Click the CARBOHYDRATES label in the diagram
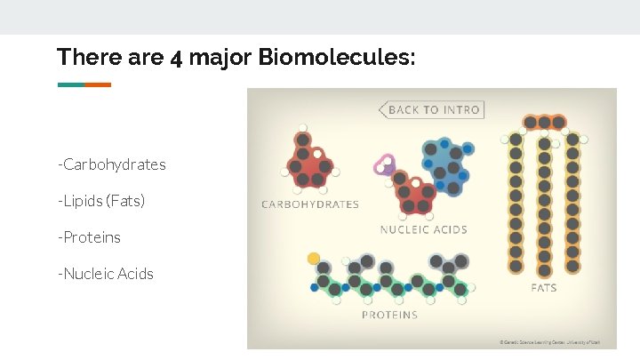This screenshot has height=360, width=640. (x=310, y=204)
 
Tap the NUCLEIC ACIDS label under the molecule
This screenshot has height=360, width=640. (x=424, y=229)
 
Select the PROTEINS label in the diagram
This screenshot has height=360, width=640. (x=389, y=315)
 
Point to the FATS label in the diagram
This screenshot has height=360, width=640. (x=544, y=288)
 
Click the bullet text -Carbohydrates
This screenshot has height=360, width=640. (x=112, y=165)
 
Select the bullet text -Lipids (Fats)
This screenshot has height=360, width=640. (x=101, y=202)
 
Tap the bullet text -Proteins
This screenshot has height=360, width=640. (x=90, y=237)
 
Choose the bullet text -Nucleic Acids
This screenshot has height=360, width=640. (x=106, y=274)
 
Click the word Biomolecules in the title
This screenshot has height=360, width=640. (x=337, y=58)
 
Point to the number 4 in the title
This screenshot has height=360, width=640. (x=176, y=59)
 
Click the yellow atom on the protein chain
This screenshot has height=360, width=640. (x=314, y=259)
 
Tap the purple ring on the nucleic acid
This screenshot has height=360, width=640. (x=385, y=165)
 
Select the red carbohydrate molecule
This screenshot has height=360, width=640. (x=309, y=163)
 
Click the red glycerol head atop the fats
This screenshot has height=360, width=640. (x=544, y=122)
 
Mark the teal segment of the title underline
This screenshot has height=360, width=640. (x=71, y=85)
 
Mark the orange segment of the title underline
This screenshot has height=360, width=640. (x=98, y=85)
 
